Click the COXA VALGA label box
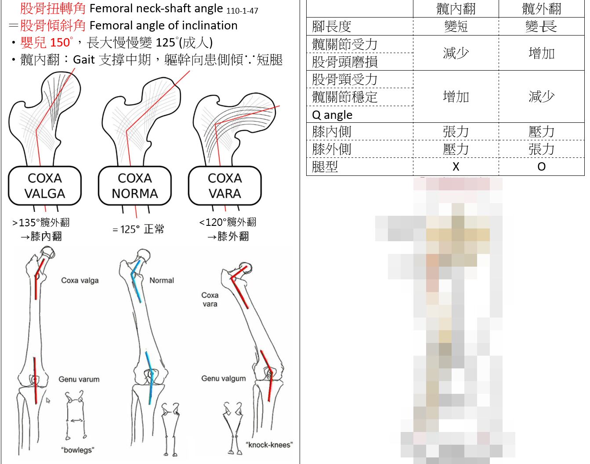(x=45, y=186)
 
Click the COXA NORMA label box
(x=135, y=186)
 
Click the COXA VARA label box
(x=225, y=186)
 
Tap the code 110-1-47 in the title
(x=243, y=11)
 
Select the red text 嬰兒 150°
(x=47, y=43)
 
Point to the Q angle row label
(x=332, y=115)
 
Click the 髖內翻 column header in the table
(x=456, y=9)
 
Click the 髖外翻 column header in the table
(x=542, y=9)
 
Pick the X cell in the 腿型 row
(x=456, y=167)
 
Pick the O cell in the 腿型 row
(x=542, y=167)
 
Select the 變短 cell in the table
(x=456, y=27)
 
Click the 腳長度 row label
(x=332, y=27)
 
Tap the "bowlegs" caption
(x=78, y=450)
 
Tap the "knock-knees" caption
(x=269, y=445)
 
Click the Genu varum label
(x=79, y=379)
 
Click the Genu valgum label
(x=224, y=378)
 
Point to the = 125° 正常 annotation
(x=138, y=229)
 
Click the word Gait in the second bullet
(x=84, y=59)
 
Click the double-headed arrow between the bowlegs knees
(x=76, y=420)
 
